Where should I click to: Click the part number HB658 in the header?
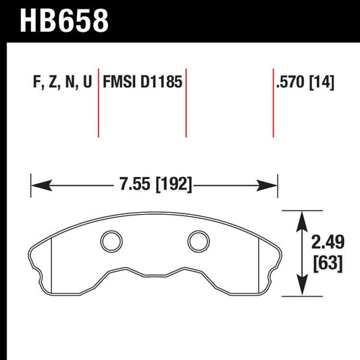tap(65, 21)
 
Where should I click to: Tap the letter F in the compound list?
tap(36, 82)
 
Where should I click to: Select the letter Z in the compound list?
tap(51, 82)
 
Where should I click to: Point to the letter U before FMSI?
tap(87, 82)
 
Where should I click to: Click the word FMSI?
tap(120, 82)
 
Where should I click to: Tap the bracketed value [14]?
tap(323, 82)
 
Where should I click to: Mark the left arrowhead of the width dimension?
tap(38, 184)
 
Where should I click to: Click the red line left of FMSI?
tap(99, 101)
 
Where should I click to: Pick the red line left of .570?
tap(274, 101)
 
